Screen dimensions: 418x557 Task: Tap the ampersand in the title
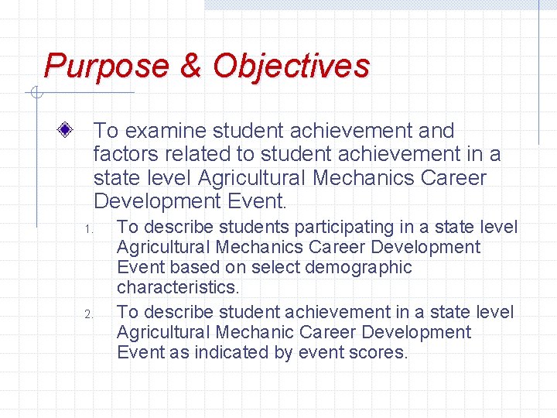pos(190,67)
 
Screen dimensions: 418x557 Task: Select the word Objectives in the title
pos(291,67)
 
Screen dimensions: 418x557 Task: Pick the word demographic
pos(359,268)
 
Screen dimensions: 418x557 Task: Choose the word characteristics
pos(178,288)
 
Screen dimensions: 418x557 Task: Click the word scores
pos(379,353)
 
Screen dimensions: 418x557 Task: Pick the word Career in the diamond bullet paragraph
pos(454,178)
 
